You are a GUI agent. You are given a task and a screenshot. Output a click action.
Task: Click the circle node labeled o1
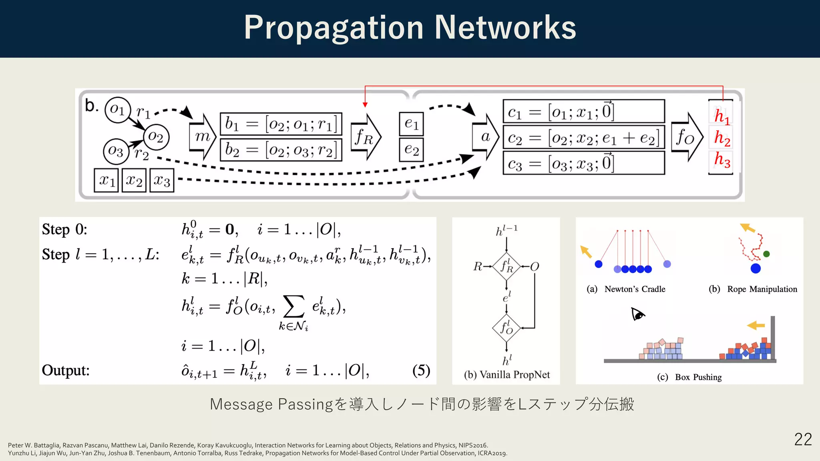coord(118,109)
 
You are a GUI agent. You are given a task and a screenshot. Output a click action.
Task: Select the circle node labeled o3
coord(116,151)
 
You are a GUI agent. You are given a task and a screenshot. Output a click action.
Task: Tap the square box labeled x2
coord(134,180)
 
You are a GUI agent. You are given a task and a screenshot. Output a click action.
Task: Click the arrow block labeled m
coord(203,137)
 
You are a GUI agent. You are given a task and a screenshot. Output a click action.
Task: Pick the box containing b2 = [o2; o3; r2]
coord(281,150)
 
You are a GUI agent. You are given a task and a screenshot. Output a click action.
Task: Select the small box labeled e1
coord(411,124)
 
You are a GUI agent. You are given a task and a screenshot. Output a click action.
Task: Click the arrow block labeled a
coord(486,137)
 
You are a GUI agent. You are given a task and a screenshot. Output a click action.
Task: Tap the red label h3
coord(722,160)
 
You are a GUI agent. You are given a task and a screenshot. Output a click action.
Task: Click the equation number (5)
coord(421,370)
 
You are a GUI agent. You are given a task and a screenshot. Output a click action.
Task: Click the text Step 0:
coord(64,229)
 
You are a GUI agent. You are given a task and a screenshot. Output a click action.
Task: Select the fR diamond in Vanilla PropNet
coord(506,266)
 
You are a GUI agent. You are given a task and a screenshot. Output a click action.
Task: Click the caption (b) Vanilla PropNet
coord(506,375)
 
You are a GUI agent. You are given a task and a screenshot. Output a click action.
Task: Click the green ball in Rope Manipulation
coord(766,254)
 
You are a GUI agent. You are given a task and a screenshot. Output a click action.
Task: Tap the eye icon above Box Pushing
coord(638,314)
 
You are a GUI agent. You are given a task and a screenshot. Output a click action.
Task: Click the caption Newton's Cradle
coord(635,289)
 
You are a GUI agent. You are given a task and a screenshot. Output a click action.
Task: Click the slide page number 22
coord(803,439)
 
